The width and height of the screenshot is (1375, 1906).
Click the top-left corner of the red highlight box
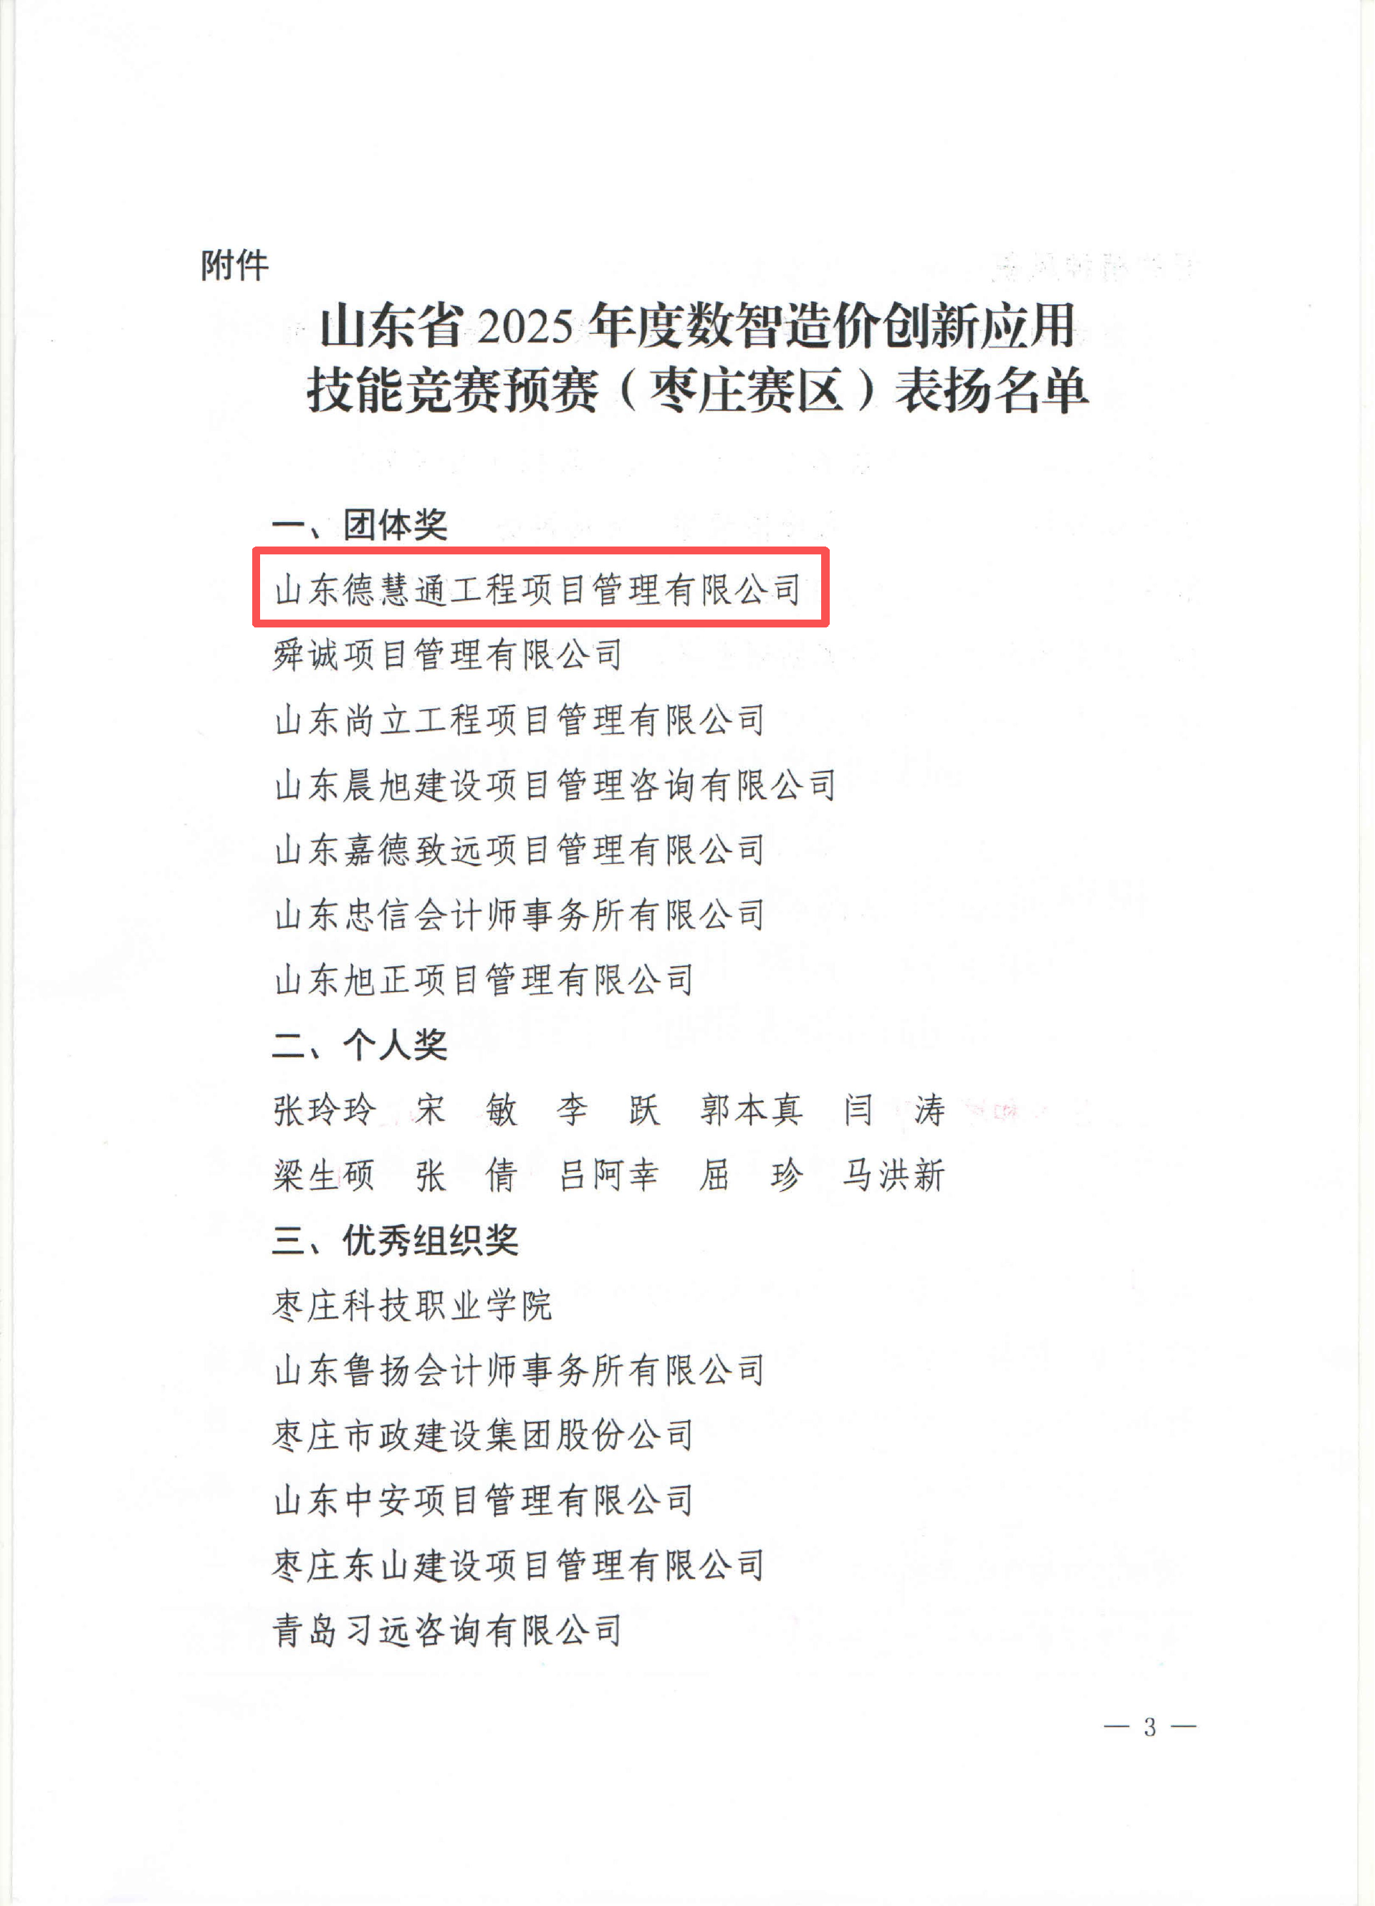[254, 549]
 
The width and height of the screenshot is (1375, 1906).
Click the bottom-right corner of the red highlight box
[829, 625]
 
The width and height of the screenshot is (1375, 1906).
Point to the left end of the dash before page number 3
[1104, 1727]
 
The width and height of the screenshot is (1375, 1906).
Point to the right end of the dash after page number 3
[1195, 1727]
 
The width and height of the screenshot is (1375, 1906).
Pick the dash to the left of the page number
[1117, 1727]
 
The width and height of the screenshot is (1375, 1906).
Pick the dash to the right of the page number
[1182, 1727]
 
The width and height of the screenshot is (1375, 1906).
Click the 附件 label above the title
[234, 266]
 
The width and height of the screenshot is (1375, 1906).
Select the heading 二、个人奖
[360, 1044]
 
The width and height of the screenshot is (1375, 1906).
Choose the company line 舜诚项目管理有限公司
[448, 655]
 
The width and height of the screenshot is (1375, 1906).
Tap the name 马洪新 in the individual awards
[894, 1175]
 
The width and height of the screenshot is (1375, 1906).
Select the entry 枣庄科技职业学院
[413, 1305]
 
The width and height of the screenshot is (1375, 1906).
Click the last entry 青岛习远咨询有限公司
[448, 1630]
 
